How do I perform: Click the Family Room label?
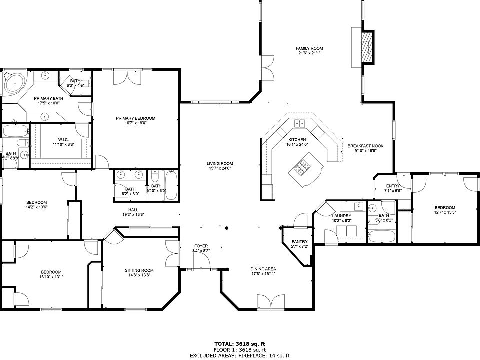tap(309, 48)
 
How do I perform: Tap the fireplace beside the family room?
tap(367, 47)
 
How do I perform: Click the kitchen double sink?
tap(300, 123)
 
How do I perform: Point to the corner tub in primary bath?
tap(15, 82)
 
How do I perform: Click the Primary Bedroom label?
tap(135, 118)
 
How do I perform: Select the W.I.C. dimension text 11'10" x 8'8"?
tap(64, 145)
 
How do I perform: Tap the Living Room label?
tap(220, 164)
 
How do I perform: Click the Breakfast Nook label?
tap(365, 146)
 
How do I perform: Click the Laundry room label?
tap(341, 216)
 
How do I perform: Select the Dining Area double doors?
tap(271, 303)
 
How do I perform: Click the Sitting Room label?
tap(139, 270)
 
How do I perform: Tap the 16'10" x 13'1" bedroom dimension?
tap(51, 277)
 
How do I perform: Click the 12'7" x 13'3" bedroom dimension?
tap(445, 212)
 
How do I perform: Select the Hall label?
tap(133, 210)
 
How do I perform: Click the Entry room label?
tap(393, 186)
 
